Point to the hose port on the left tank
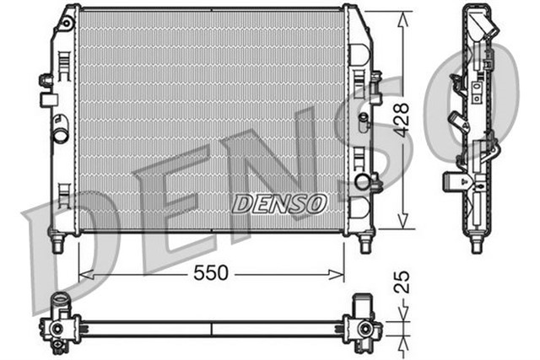60,134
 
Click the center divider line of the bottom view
211,326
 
